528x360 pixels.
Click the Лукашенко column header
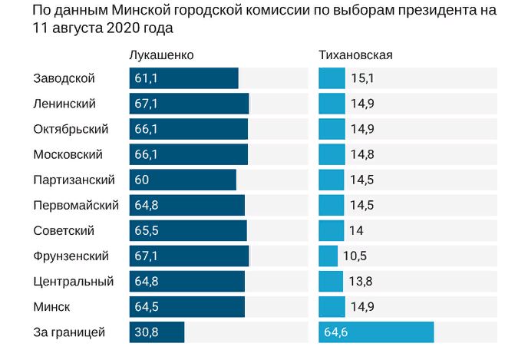click(160, 55)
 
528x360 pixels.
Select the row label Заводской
click(64, 78)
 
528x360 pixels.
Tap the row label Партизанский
click(74, 180)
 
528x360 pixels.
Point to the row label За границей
click(69, 332)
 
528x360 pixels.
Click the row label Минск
click(52, 306)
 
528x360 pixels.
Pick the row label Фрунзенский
click(71, 256)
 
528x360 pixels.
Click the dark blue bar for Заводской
click(184, 78)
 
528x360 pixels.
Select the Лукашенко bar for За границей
click(157, 332)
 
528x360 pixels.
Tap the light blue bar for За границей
click(376, 332)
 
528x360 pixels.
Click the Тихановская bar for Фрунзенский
click(328, 256)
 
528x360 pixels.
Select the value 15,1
click(362, 78)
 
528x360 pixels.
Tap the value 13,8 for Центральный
click(361, 281)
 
